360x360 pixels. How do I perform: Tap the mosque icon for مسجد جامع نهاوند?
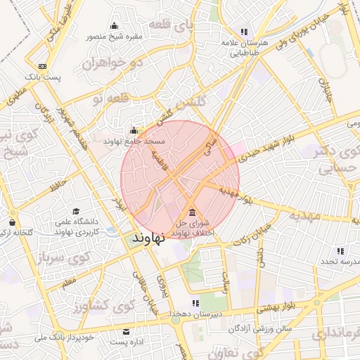[134, 130]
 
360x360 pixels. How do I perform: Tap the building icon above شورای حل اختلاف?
[193, 213]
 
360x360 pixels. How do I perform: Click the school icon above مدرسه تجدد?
[340, 251]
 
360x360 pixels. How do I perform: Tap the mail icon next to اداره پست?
[127, 331]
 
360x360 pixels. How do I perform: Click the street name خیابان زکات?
[253, 233]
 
